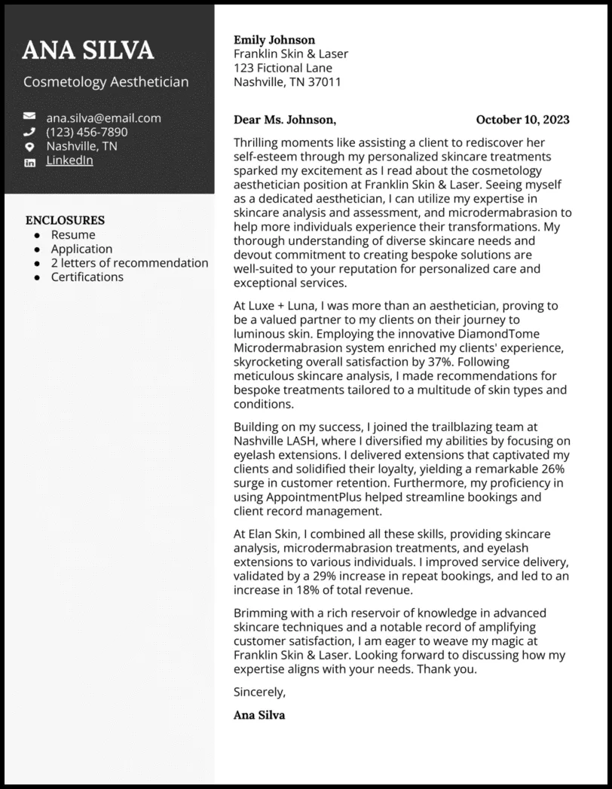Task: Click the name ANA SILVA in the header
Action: point(88,50)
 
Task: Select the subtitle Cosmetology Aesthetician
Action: point(106,82)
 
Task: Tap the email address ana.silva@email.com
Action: point(103,118)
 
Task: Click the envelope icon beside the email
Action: point(29,118)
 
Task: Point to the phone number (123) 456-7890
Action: point(87,132)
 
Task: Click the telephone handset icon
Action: point(29,132)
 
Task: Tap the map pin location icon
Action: point(29,146)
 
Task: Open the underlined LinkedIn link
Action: point(69,161)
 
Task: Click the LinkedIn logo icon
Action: point(29,161)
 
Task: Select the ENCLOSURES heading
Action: point(65,221)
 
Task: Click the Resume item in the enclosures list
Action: point(73,235)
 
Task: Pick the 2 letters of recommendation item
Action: point(130,263)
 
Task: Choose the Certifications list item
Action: point(87,277)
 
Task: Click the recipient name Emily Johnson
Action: point(274,40)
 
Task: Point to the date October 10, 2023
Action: point(522,120)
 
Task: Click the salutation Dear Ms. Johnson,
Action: point(285,120)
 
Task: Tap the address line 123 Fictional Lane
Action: point(283,68)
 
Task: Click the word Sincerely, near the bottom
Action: point(260,692)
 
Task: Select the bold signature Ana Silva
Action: point(259,715)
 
